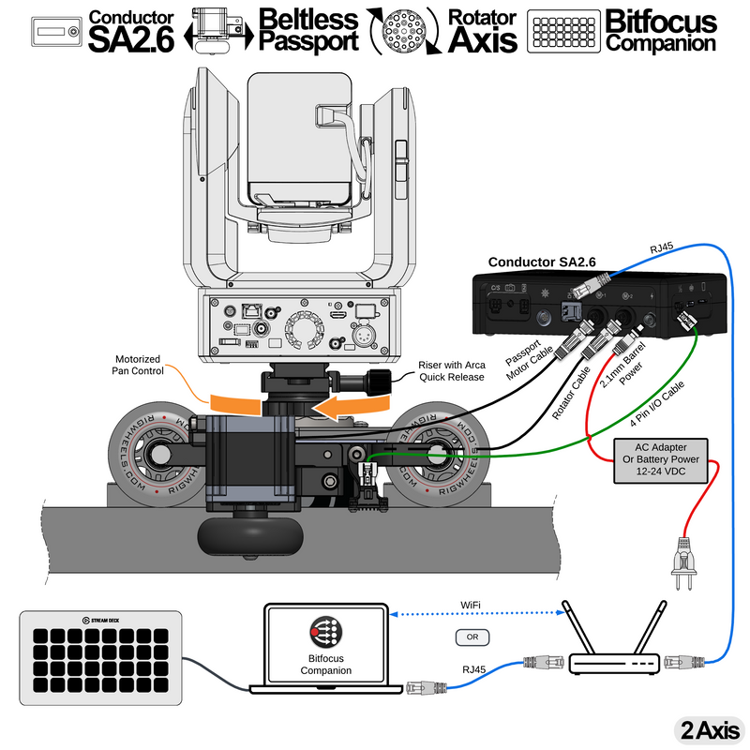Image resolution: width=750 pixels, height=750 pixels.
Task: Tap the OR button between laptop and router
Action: pos(472,638)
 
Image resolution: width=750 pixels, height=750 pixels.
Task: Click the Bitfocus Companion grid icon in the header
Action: pos(564,31)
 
